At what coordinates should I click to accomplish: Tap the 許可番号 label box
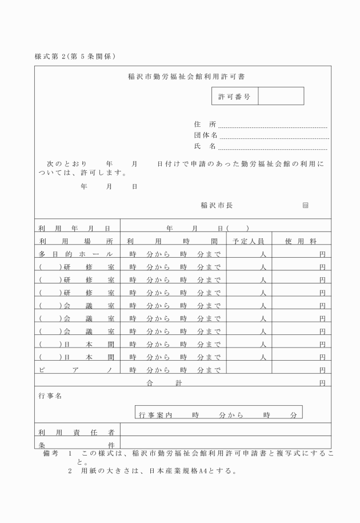[x=234, y=97]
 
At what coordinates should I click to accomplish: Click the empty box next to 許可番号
[x=281, y=97]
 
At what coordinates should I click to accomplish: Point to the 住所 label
[x=205, y=123]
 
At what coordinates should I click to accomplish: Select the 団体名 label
[x=206, y=135]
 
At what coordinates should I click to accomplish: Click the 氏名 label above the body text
[x=205, y=146]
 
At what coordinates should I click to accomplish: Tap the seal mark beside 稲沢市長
[x=305, y=205]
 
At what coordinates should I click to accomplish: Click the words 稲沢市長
[x=217, y=205]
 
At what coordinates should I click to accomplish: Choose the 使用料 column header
[x=301, y=241]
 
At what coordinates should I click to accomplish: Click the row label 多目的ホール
[x=77, y=254]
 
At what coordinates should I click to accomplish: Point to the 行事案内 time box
[x=218, y=413]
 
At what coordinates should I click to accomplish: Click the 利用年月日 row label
[x=77, y=228]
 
